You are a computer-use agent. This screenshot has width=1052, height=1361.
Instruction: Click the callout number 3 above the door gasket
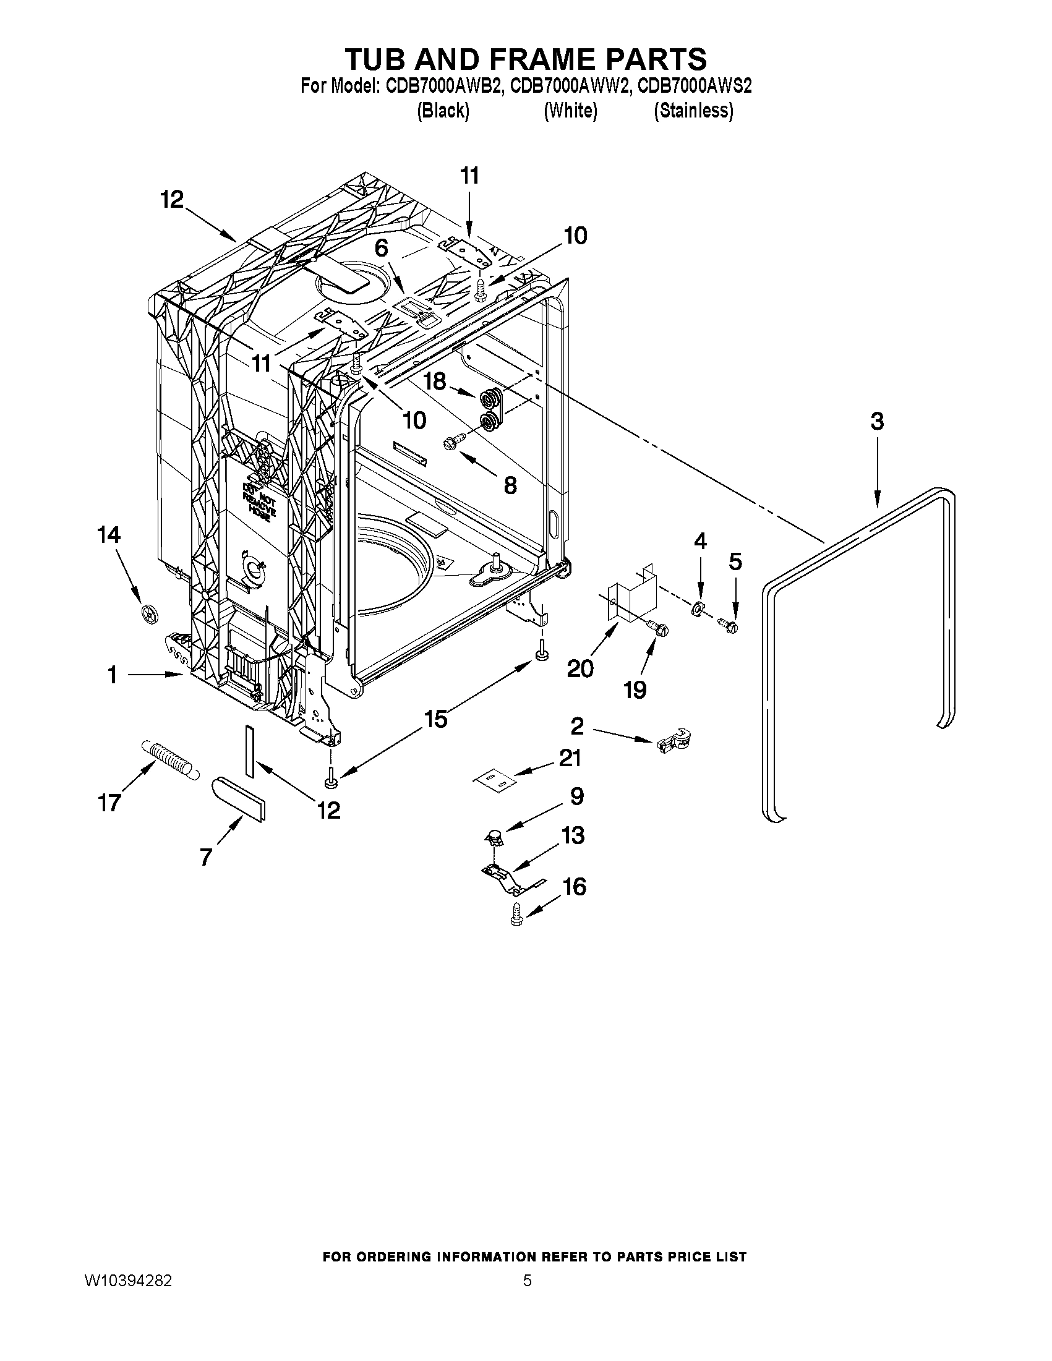point(876,422)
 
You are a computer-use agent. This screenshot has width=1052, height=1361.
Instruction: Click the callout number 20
point(580,669)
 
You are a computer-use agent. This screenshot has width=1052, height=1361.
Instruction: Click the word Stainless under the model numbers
point(693,111)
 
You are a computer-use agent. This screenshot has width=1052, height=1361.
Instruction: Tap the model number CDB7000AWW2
point(568,86)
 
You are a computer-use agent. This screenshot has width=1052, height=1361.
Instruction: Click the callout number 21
point(570,758)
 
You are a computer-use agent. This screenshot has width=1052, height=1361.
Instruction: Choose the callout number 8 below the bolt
point(510,485)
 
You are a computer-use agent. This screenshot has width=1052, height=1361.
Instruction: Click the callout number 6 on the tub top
point(381,248)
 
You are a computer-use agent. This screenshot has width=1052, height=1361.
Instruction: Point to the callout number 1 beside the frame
point(112,675)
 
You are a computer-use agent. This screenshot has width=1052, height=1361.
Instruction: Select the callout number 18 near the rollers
point(435,381)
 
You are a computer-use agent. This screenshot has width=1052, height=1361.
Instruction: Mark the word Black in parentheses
point(442,111)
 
